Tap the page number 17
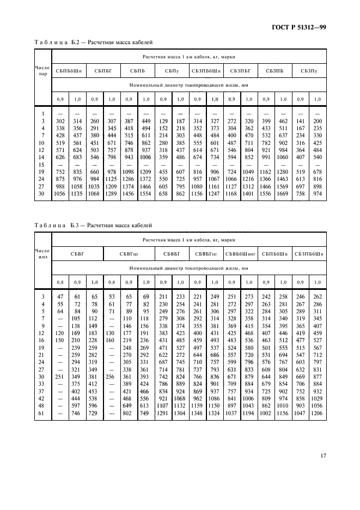322,455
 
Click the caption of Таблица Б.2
94,41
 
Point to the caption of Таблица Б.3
94,224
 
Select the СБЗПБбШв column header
309,253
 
